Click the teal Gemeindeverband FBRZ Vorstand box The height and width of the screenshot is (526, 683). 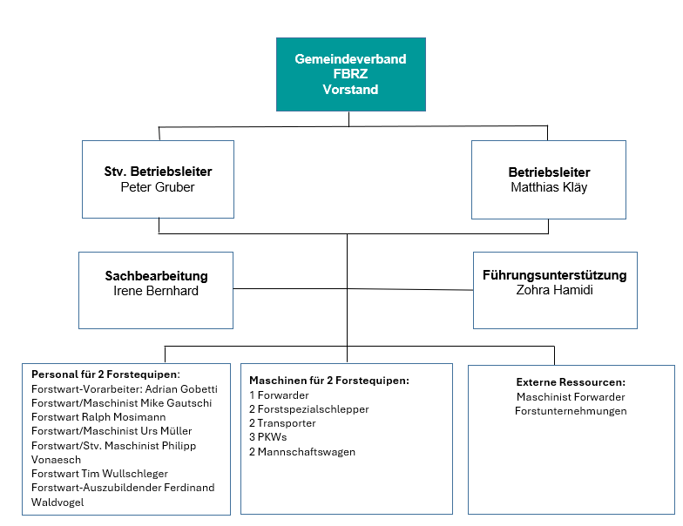(x=350, y=75)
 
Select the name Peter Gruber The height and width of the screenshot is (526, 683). (x=158, y=187)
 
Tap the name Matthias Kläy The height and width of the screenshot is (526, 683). (x=549, y=187)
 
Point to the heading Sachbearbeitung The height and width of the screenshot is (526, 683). (x=157, y=275)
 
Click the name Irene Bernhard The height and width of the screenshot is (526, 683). (x=156, y=291)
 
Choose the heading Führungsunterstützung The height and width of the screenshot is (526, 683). (x=554, y=275)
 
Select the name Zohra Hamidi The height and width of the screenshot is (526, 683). (x=554, y=290)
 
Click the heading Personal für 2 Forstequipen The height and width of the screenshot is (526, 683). (x=105, y=374)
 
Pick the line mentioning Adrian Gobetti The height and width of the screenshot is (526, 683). (x=124, y=388)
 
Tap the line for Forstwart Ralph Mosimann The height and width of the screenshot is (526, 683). (x=98, y=416)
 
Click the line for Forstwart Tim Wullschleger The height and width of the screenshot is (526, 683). (x=99, y=474)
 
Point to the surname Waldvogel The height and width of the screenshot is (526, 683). (x=57, y=502)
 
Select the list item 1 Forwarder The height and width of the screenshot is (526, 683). (x=279, y=395)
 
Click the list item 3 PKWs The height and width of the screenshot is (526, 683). (x=268, y=437)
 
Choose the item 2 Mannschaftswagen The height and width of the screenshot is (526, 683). (x=302, y=452)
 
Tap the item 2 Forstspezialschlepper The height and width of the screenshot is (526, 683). (x=308, y=409)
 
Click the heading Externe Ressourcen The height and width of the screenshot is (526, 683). (x=571, y=382)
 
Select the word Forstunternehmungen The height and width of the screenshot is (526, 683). (x=571, y=411)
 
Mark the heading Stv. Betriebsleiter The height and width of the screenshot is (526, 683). (x=159, y=171)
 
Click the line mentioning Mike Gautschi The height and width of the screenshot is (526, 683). (x=122, y=402)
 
